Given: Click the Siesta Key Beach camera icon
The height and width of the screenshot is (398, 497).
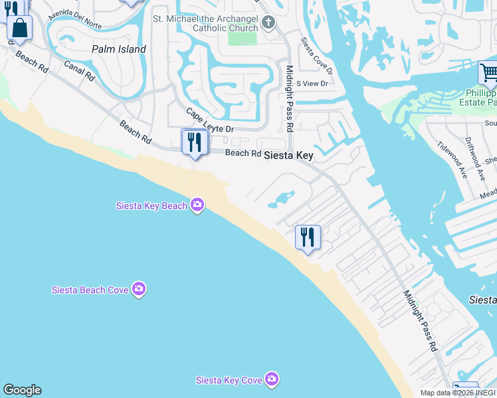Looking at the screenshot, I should tap(197, 205).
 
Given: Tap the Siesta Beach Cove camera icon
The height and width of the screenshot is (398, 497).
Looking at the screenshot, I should tap(138, 289).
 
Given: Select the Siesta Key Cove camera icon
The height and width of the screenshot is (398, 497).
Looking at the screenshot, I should tap(271, 379).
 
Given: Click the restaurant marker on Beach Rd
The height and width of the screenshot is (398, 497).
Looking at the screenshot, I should tap(195, 143).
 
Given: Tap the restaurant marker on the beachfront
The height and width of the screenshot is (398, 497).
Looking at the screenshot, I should tap(308, 237).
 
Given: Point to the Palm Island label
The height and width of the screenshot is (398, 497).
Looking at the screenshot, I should tap(119, 49).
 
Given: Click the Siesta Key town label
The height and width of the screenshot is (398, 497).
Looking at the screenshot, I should tap(288, 155).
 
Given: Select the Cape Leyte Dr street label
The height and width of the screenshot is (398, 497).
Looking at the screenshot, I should tap(210, 120).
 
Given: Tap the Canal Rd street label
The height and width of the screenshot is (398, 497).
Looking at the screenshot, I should tap(80, 72).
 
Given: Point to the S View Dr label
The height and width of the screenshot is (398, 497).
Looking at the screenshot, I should tap(312, 84).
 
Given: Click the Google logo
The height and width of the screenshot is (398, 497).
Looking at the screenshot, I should tap(22, 390).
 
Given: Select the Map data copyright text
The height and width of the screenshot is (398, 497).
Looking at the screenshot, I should tap(458, 393).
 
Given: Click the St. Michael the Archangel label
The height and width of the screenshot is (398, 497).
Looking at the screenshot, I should tap(205, 23).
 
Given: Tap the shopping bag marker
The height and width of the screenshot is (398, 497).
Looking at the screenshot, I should tap(20, 29).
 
